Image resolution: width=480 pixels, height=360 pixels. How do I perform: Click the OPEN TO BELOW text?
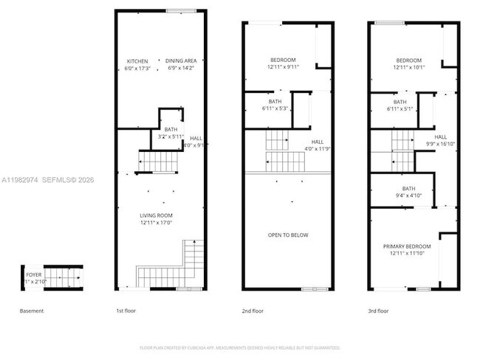288,235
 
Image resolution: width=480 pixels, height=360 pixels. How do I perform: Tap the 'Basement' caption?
31,311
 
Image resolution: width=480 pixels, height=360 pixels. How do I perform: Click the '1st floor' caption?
127,311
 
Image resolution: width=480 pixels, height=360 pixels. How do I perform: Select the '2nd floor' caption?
253,311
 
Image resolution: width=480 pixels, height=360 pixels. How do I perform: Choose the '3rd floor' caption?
378,311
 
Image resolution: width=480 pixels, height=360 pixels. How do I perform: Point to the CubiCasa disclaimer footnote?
239,347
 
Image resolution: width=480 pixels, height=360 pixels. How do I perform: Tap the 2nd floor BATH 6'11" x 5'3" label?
275,105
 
